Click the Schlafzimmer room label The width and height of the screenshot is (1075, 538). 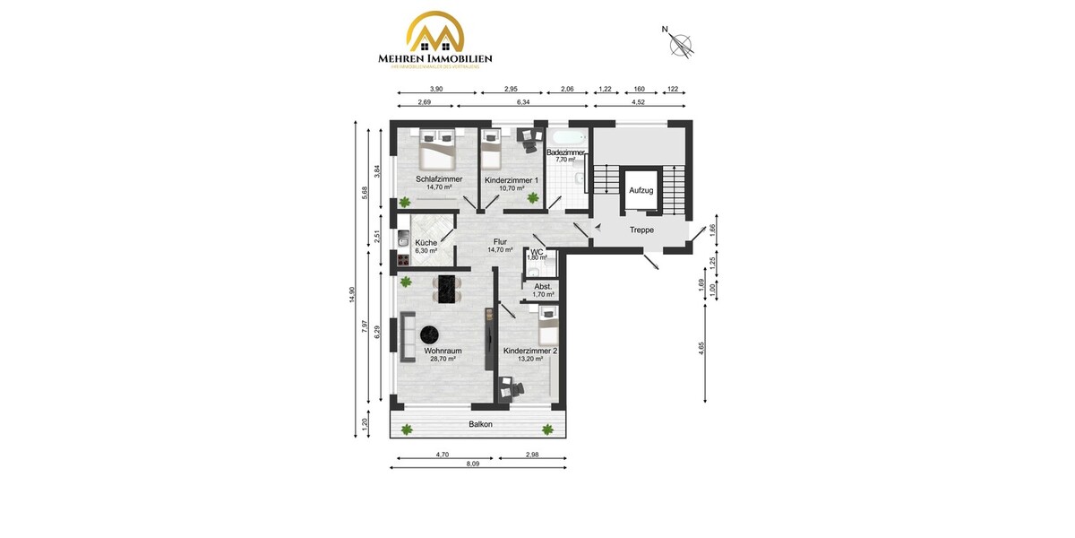point(439,179)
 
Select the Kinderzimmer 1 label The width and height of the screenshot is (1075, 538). point(512,180)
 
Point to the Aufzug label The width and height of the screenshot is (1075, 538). point(641,190)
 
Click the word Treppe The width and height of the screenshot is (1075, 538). point(641,230)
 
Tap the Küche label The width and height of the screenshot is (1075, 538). point(426,243)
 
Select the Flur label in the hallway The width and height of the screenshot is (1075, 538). point(500,241)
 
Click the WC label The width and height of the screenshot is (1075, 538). point(537,252)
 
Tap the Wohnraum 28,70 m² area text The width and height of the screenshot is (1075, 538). point(440,359)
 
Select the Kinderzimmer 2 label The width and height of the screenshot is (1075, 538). point(530,351)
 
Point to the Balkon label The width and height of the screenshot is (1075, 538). point(481,424)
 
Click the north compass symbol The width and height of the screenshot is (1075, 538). point(683,43)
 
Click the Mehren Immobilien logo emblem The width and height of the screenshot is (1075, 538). point(435,33)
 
